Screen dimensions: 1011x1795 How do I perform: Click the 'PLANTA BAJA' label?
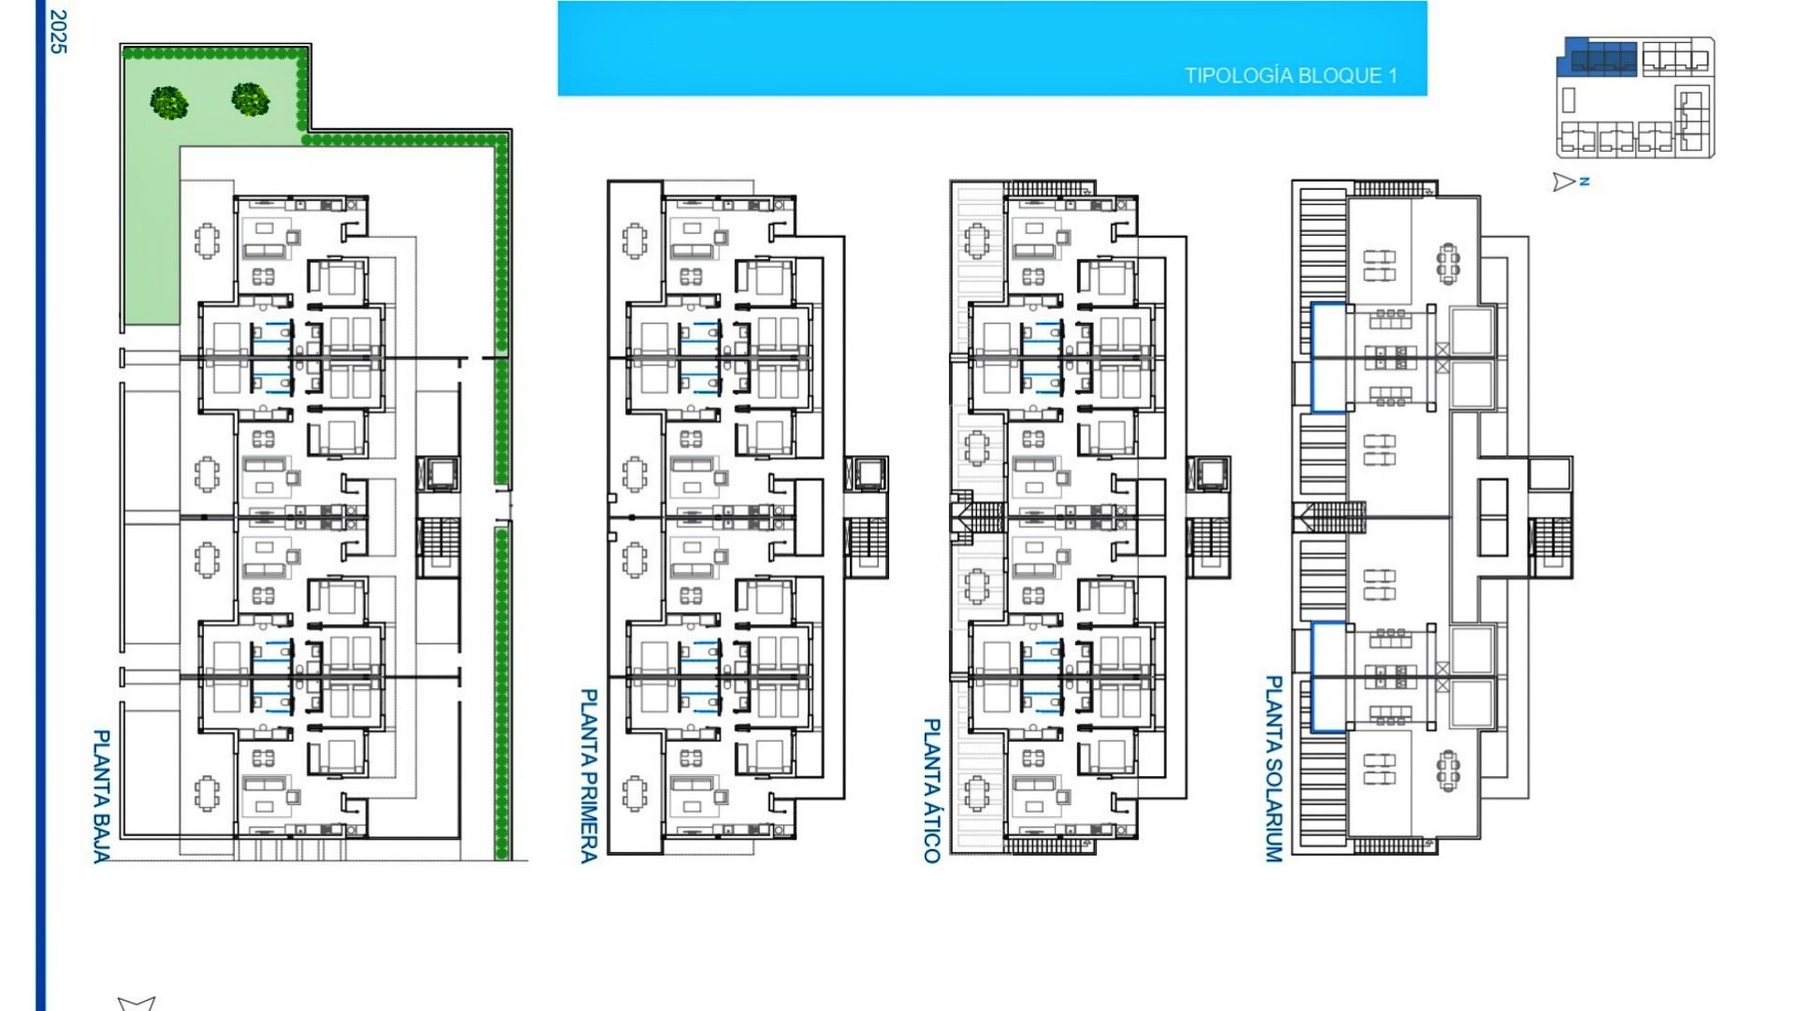(x=102, y=796)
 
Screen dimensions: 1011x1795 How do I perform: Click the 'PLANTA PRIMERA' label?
(x=589, y=775)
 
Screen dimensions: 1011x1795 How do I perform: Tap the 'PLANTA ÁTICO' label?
(x=931, y=790)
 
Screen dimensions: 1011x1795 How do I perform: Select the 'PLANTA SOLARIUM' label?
(x=1273, y=769)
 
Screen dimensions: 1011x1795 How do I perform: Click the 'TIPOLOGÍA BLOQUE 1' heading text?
(x=1291, y=76)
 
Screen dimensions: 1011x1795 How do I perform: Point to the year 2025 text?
(x=58, y=31)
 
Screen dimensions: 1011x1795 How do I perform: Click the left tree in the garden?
(x=169, y=101)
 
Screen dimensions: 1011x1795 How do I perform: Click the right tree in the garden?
(x=251, y=98)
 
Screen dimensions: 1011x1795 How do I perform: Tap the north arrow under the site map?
(x=1564, y=182)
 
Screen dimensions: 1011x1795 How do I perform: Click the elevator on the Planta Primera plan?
(x=866, y=474)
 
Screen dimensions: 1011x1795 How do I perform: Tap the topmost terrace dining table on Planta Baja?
(x=207, y=242)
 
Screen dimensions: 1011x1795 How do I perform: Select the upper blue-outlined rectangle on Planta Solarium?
(x=1328, y=357)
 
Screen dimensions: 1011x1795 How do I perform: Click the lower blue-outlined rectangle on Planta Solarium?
(x=1328, y=677)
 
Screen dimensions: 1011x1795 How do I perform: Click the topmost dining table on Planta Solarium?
(x=1449, y=262)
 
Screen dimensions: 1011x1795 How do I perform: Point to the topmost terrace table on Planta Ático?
(x=977, y=242)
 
